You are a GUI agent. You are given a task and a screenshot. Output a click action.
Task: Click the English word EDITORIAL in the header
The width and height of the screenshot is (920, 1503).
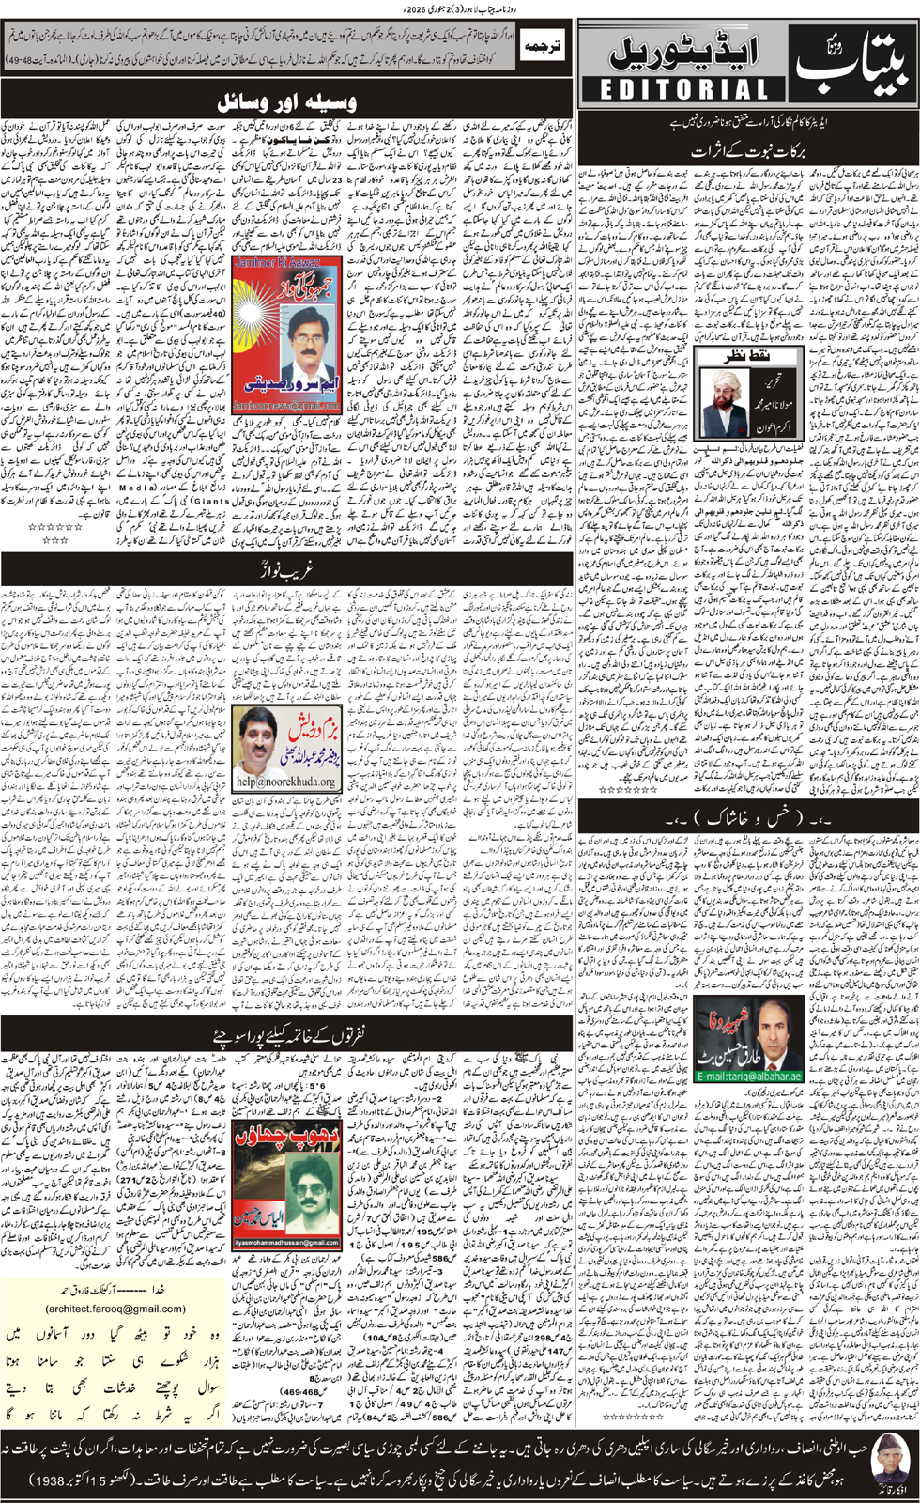pyautogui.click(x=683, y=89)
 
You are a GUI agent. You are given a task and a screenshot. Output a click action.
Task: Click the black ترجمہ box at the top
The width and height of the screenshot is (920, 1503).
pyautogui.click(x=542, y=46)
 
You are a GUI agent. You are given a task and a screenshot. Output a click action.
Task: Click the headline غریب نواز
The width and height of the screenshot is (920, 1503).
pyautogui.click(x=287, y=569)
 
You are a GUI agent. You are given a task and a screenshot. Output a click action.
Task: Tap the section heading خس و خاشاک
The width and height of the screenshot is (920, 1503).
pyautogui.click(x=747, y=819)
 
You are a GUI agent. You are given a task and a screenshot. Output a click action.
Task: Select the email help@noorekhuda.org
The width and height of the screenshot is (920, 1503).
pyautogui.click(x=285, y=782)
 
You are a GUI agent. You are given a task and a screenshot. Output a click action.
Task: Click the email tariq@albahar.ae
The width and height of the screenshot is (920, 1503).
pyautogui.click(x=748, y=1076)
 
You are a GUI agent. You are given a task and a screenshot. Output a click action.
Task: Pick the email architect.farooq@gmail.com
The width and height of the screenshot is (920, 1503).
pyautogui.click(x=115, y=1308)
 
